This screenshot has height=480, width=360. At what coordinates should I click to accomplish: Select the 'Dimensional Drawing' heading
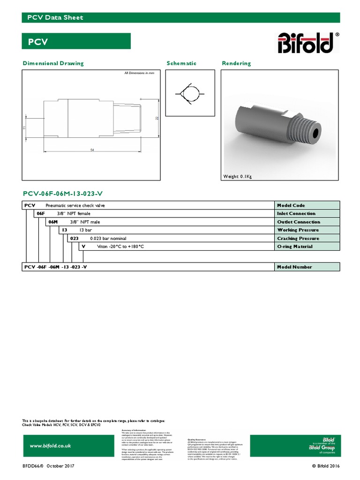pos(53,63)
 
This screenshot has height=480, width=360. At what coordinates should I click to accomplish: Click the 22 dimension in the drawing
pos(157,119)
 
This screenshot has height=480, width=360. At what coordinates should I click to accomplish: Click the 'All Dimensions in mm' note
pos(139,74)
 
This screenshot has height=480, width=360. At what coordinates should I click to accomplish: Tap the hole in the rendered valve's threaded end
pos(313,132)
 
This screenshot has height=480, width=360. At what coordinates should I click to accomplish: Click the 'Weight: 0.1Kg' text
pos(238,176)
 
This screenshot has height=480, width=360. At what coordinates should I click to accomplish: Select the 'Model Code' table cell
pos(307,205)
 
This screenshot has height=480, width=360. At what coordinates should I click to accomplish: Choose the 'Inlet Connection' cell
pos(307,214)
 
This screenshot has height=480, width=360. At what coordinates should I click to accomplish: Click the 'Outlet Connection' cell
pos(307,222)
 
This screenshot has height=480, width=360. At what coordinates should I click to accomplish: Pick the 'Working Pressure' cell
pos(307,230)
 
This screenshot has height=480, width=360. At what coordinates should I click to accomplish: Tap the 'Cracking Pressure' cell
pos(307,238)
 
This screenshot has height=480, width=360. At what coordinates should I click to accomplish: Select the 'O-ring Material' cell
pos(307,247)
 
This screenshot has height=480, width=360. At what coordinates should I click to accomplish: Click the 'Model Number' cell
pos(307,267)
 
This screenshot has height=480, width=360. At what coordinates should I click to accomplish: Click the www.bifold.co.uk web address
pos(51,446)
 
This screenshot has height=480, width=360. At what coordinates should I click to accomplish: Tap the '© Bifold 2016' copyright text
pos(325,466)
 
